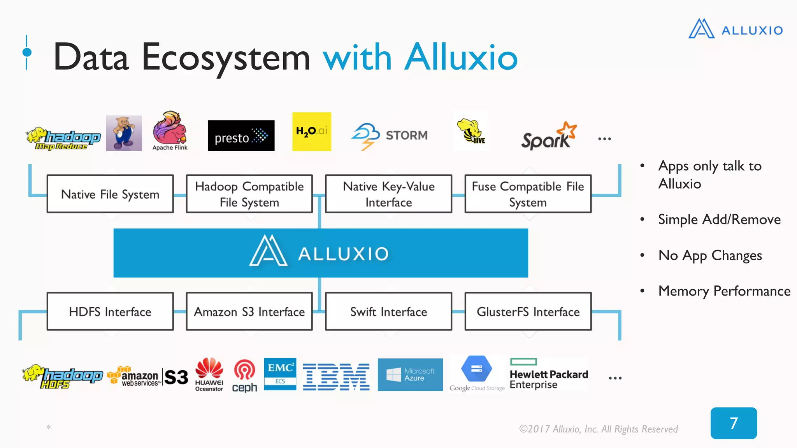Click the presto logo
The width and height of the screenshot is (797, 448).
pos(241,136)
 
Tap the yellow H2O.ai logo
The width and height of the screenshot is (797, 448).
pos(311,131)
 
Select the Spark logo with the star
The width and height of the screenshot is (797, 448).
pos(548,136)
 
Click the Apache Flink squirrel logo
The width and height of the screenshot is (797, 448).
pos(170,131)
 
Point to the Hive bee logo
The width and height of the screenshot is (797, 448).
pos(471,131)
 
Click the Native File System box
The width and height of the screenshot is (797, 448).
pos(110,194)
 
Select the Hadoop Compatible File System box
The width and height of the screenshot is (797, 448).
pos(249,194)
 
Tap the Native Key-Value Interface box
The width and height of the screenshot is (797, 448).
pos(388,194)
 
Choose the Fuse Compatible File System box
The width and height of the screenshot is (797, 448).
pos(528,194)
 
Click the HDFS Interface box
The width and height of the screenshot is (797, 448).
pos(110,311)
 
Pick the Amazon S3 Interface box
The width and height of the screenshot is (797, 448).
pos(249,311)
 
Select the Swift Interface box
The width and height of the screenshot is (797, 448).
pos(388,311)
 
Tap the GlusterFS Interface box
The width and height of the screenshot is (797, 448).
pos(528,311)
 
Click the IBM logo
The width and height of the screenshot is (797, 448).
pos(336,377)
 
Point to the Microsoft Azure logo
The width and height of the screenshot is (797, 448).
pos(410,374)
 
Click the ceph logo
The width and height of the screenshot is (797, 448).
pos(244,376)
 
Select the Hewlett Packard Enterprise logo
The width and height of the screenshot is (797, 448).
pos(549,375)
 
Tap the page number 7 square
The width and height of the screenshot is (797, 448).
pos(734,423)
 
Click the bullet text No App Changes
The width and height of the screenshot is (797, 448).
pos(710,255)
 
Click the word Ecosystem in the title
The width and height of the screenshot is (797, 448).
pos(226,58)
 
